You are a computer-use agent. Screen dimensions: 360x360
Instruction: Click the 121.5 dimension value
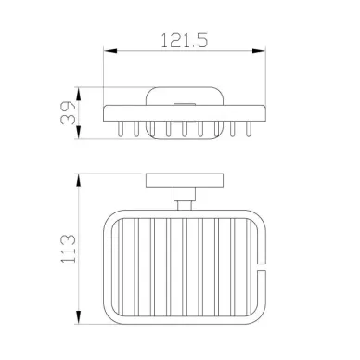click(x=185, y=41)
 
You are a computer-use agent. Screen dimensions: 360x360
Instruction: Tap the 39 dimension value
click(x=68, y=113)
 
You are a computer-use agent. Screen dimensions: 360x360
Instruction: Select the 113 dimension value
click(x=68, y=249)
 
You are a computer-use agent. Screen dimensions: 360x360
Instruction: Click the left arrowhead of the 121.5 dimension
click(x=110, y=51)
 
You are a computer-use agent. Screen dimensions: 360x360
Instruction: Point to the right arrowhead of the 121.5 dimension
click(x=259, y=51)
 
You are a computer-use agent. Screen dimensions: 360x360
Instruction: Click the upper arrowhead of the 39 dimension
click(x=79, y=94)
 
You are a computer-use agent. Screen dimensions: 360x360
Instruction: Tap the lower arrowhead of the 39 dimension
click(x=79, y=132)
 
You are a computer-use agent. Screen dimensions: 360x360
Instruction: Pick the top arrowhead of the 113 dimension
click(x=79, y=180)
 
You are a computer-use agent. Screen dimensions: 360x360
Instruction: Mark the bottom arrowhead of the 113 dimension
click(x=79, y=317)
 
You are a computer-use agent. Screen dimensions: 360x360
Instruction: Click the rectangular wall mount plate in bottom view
click(x=185, y=181)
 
